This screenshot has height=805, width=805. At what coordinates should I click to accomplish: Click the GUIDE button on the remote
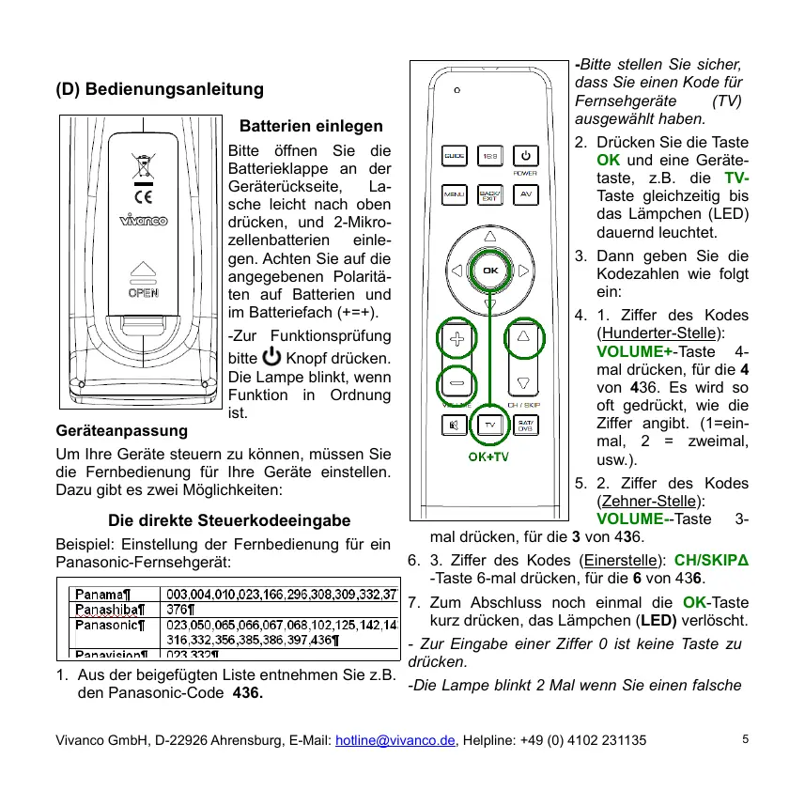[x=455, y=154]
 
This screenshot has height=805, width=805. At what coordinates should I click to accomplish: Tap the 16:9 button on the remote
[x=490, y=154]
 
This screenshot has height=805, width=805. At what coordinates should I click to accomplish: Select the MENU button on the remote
[x=455, y=195]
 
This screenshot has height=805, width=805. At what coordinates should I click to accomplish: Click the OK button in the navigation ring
[x=489, y=271]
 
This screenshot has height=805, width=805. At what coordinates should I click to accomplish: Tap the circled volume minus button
[x=457, y=384]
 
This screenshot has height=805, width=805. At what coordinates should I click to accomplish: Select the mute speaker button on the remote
[x=455, y=426]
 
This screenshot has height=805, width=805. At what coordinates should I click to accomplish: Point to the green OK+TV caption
[x=488, y=457]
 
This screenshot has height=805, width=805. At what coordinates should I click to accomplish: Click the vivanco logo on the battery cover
[x=144, y=221]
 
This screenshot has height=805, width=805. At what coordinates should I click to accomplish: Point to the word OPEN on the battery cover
[x=144, y=292]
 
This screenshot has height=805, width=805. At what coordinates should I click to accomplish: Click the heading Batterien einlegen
[x=311, y=126]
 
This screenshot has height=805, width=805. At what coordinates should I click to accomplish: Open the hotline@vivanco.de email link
[x=395, y=740]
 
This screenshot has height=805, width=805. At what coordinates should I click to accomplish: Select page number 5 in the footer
[x=745, y=738]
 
